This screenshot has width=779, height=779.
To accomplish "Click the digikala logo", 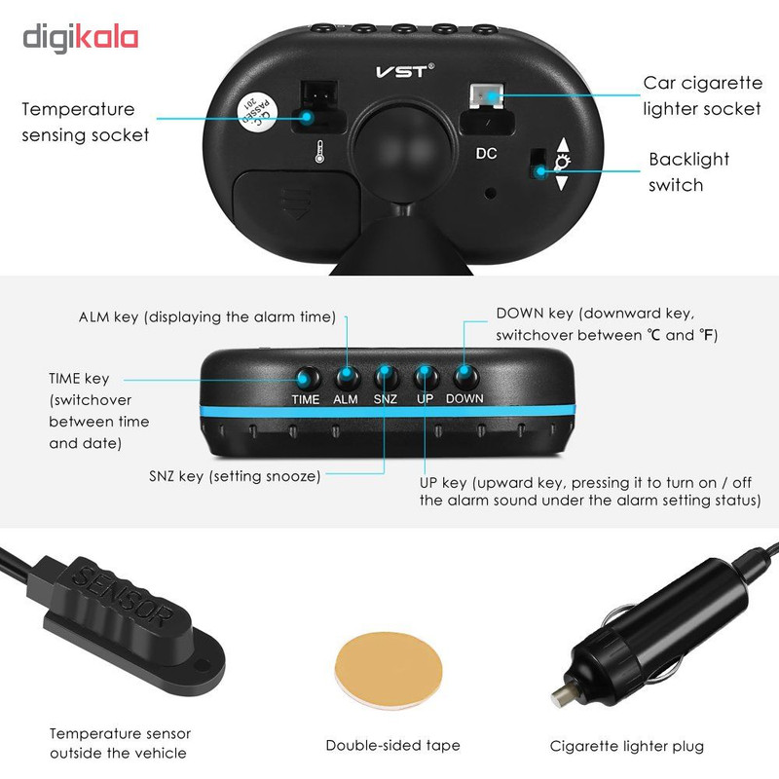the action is (80, 38).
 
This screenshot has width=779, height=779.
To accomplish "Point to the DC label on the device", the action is (486, 154).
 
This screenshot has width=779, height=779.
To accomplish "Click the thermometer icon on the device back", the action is (319, 152).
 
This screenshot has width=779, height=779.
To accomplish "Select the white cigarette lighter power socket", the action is (486, 95).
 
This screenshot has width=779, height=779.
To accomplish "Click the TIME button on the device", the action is (307, 379).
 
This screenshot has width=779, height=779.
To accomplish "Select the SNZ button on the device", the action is (386, 377).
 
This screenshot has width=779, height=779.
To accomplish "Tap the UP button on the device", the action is (426, 377).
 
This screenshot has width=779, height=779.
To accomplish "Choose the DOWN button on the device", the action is (466, 377).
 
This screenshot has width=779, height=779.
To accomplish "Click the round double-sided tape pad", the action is (389, 670).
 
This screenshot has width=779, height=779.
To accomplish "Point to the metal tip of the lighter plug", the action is (561, 694).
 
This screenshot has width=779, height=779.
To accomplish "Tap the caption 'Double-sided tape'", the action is (392, 745).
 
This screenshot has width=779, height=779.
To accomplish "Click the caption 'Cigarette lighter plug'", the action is (626, 746).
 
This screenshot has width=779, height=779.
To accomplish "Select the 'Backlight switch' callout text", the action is (688, 172).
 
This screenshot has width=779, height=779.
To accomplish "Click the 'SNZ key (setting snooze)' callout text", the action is (235, 476).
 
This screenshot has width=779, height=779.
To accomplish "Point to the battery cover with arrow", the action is (297, 204).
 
